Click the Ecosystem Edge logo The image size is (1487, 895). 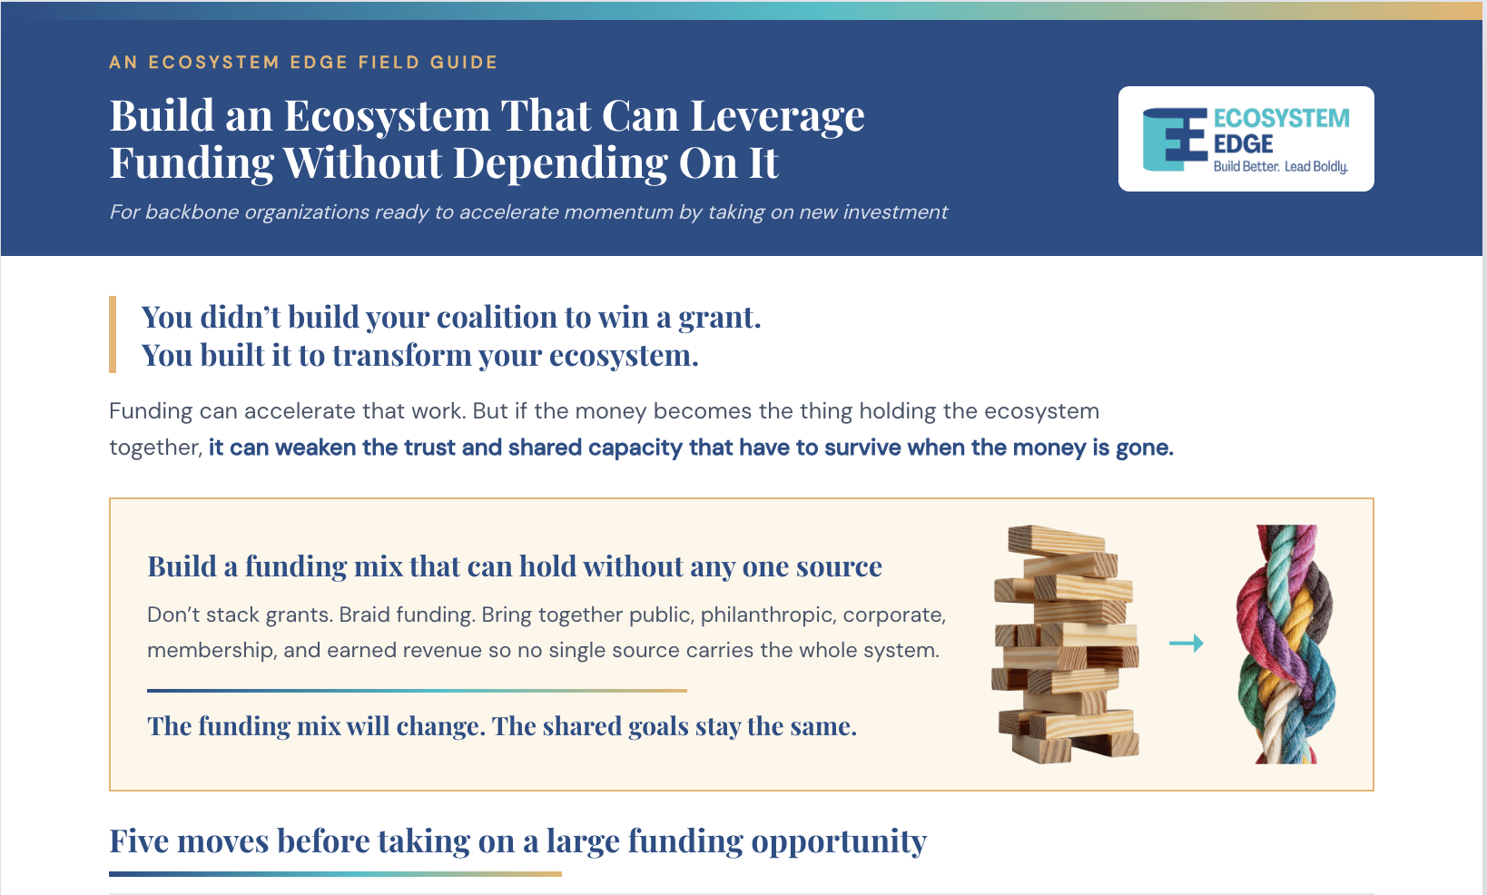point(1246,139)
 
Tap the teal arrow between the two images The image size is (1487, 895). point(1187,643)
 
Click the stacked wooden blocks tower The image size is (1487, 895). point(1066,644)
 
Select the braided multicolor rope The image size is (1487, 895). point(1285,644)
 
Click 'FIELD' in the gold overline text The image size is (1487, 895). point(389,63)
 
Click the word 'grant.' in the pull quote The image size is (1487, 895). point(719,318)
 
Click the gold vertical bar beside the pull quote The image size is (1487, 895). point(113,335)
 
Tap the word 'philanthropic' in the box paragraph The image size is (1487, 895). point(769,615)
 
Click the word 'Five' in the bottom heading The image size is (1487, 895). point(139,841)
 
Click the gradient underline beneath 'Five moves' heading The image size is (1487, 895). point(335,874)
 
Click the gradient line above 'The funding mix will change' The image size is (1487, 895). point(417,691)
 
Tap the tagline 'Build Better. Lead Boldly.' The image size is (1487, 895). point(1281,167)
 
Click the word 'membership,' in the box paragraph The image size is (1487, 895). point(211,651)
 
